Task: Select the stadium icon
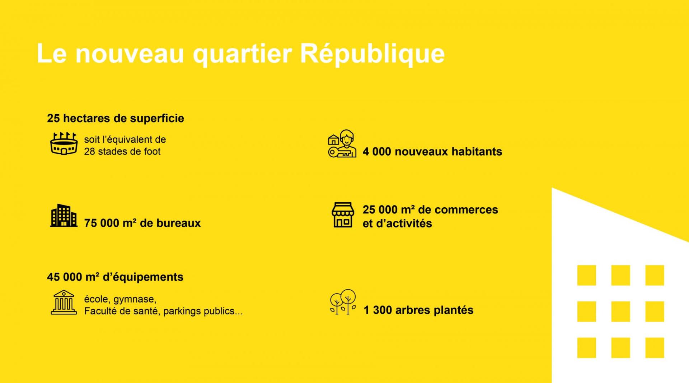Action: (x=64, y=144)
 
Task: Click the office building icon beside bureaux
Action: (x=64, y=216)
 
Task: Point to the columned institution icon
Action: (x=64, y=303)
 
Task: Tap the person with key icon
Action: (x=342, y=144)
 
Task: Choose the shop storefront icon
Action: (x=343, y=215)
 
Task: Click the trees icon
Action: (x=343, y=302)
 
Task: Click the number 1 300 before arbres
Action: (x=377, y=310)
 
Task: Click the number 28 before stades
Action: (x=90, y=152)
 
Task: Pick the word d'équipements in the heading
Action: (x=143, y=277)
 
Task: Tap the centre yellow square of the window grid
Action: (x=620, y=312)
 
